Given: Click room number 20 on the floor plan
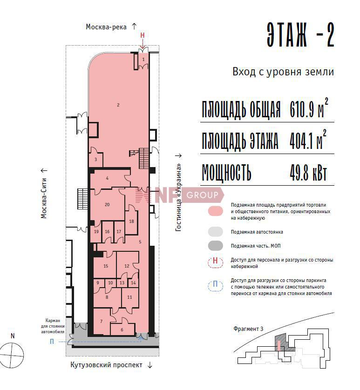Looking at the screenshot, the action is [107, 204].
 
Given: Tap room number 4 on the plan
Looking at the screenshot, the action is [107, 178].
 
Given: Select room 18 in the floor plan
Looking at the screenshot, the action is [131, 222].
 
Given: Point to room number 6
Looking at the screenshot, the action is [122, 329].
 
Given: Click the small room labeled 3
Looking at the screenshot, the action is [95, 160].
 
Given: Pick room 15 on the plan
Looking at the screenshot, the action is [106, 266].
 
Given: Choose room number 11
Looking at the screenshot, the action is [130, 297].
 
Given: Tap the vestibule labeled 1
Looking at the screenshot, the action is [143, 60].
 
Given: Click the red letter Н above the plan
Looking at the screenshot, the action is [143, 35].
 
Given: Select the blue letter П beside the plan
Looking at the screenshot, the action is [52, 342].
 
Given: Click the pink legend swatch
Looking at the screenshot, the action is [216, 211].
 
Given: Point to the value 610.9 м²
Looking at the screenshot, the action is [309, 108].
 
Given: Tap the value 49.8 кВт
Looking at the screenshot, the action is [308, 172].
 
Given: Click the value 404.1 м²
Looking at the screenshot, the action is [308, 140].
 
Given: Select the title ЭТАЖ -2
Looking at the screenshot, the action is [300, 34].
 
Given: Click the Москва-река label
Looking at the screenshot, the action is [106, 27].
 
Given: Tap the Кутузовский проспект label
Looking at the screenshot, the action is [106, 365].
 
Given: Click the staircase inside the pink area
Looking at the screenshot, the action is [144, 158].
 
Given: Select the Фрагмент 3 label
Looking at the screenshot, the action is [248, 329].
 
